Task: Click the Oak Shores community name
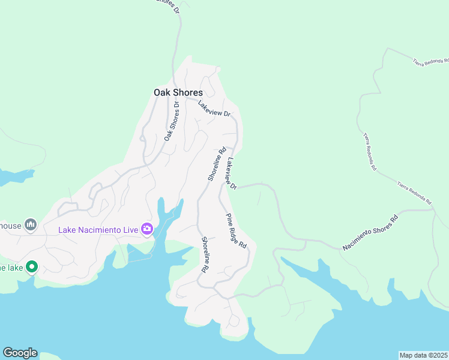[178, 93]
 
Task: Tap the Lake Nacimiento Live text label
[98, 229]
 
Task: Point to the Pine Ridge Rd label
[236, 231]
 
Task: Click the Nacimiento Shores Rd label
[370, 233]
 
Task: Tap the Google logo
[20, 353]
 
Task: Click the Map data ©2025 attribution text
[423, 355]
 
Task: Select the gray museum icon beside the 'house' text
[31, 225]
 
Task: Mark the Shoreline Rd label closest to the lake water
[205, 254]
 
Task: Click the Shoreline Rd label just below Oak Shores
[217, 164]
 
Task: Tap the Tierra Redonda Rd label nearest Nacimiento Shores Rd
[414, 191]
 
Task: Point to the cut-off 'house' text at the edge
[10, 225]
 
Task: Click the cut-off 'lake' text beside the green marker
[11, 267]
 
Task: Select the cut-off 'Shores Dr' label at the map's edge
[167, 5]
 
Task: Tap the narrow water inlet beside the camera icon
[163, 216]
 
